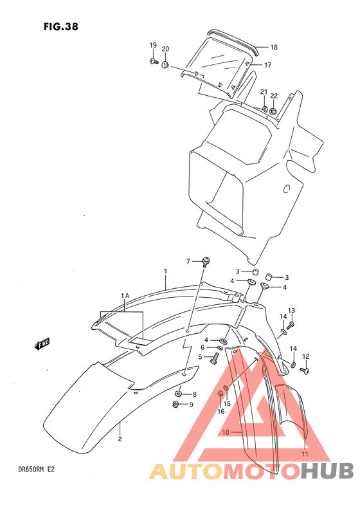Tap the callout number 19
tap(153, 45)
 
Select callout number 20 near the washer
tap(165, 50)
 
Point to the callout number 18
tap(273, 48)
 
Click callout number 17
tap(267, 64)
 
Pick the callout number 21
tap(264, 92)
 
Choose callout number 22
tap(274, 95)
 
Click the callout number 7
tap(189, 261)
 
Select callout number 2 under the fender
tap(120, 440)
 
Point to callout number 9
tap(190, 405)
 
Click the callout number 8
tap(195, 394)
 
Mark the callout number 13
tap(291, 311)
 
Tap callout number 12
tap(306, 356)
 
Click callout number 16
tap(221, 412)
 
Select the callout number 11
tap(305, 453)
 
